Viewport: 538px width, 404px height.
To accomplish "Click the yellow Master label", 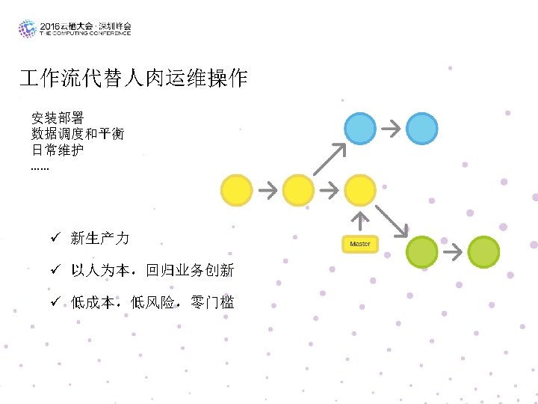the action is (x=359, y=244).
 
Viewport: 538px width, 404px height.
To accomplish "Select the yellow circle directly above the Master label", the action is (x=360, y=190).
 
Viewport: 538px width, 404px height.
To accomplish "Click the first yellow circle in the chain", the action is (x=236, y=190).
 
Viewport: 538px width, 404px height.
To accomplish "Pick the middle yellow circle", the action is (x=298, y=190).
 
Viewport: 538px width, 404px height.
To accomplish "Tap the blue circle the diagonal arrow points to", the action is (x=360, y=128).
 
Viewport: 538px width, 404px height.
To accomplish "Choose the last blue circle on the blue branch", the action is (x=421, y=128).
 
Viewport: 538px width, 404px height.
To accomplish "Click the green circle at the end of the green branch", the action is (x=483, y=251).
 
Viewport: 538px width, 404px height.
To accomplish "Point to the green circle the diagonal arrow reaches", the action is (x=421, y=251).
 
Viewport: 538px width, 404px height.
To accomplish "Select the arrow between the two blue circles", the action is (x=391, y=128).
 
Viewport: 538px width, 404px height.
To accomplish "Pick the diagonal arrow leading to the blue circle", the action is (x=330, y=159).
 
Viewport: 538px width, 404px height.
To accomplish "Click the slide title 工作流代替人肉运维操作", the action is (x=134, y=79).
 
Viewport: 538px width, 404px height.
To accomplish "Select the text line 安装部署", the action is (x=58, y=118).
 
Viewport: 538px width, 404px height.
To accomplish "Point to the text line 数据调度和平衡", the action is (x=78, y=134).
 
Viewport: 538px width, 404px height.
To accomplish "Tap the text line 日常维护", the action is (x=58, y=150).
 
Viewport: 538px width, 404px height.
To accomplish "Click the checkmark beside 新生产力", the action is (x=55, y=238).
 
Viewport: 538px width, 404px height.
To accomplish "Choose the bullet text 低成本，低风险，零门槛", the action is (x=152, y=302).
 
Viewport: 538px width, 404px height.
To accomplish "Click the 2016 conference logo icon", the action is (x=28, y=28).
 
